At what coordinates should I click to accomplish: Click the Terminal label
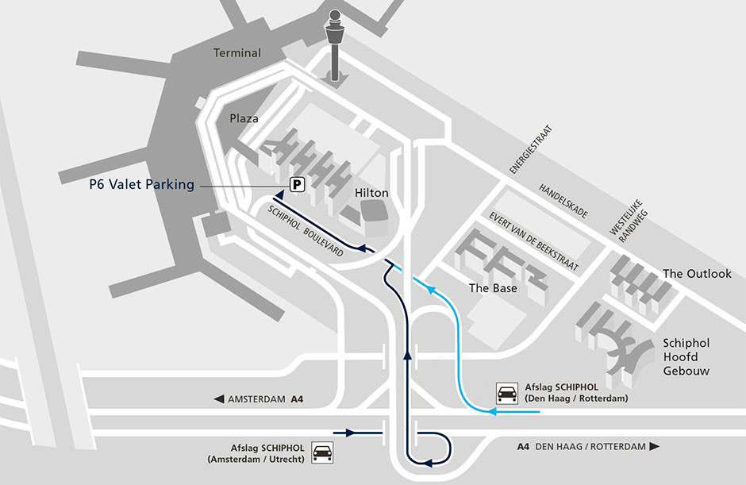click(237, 53)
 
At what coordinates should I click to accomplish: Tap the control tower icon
click(335, 44)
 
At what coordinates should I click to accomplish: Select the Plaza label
click(244, 118)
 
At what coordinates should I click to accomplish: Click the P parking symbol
click(297, 184)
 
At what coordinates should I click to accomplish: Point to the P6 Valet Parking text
click(141, 185)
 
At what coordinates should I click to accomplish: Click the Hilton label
click(371, 193)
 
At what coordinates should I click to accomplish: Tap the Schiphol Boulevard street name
click(306, 231)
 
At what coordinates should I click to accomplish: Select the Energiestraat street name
click(532, 148)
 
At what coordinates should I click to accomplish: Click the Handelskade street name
click(563, 202)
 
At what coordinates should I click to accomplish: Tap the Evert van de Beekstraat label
click(534, 242)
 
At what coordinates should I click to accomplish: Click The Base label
click(493, 288)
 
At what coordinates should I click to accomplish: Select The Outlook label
click(697, 274)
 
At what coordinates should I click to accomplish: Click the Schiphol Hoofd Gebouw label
click(686, 356)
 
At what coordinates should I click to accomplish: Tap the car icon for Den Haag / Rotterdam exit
click(507, 392)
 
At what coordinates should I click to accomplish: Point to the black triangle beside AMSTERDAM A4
click(218, 399)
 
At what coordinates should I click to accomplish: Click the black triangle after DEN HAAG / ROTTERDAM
click(655, 447)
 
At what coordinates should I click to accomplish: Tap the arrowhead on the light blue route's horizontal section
click(493, 412)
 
